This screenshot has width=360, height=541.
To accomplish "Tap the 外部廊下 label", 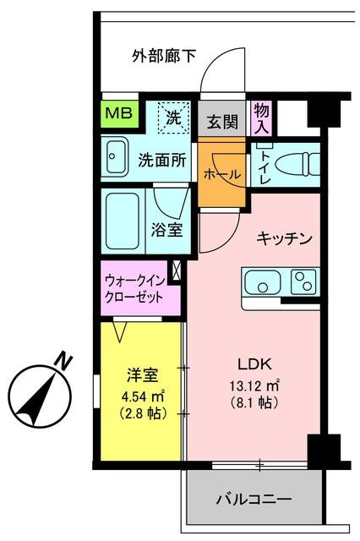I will (x=164, y=57).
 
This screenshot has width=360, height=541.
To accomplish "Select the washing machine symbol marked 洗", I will (x=174, y=118).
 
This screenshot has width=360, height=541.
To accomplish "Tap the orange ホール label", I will (x=223, y=173).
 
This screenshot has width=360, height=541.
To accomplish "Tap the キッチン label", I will (x=286, y=238).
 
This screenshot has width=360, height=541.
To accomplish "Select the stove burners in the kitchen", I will (x=303, y=281).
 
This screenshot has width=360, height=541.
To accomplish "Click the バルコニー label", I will (x=254, y=500).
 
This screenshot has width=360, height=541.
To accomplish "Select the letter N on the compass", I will (x=61, y=362).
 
